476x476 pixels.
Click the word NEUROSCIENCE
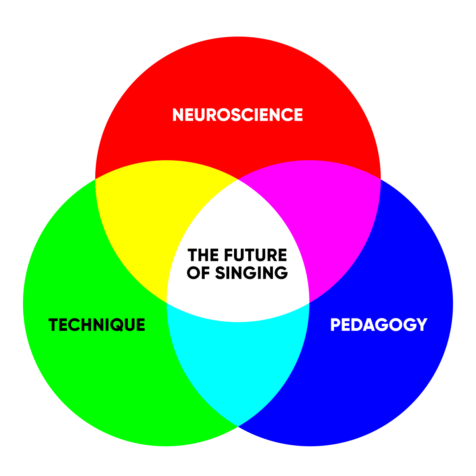click(x=238, y=115)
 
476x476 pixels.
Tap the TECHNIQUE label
click(x=97, y=325)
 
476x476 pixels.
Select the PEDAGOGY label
click(x=378, y=325)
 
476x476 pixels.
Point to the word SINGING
click(x=251, y=273)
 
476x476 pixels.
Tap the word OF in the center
click(x=199, y=273)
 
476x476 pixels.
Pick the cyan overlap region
click(x=238, y=357)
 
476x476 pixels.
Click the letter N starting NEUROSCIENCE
click(x=178, y=115)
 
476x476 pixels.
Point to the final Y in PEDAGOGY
click(x=421, y=325)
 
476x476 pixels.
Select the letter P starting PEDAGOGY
click(x=336, y=325)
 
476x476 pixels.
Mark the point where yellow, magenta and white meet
click(x=238, y=180)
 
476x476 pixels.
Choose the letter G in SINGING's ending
click(x=281, y=273)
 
